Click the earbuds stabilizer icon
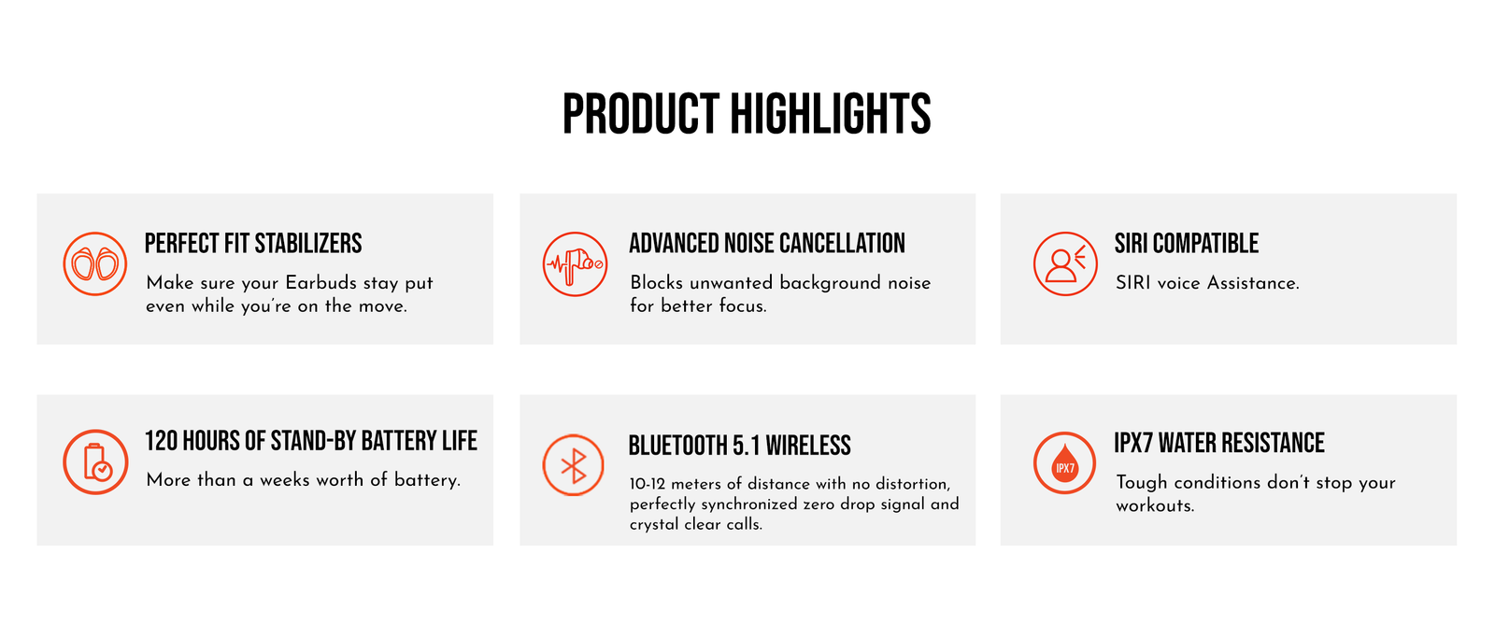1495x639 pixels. tap(94, 263)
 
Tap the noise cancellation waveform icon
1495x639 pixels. tap(575, 264)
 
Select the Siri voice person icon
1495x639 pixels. tap(1065, 263)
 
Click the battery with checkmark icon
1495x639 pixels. tap(95, 461)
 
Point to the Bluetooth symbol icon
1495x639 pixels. tap(574, 465)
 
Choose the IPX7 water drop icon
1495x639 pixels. tap(1064, 463)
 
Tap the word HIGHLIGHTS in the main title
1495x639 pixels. tap(831, 114)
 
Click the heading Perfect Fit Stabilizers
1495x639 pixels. tap(253, 244)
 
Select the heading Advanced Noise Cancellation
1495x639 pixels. tap(767, 244)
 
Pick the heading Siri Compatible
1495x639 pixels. tap(1187, 244)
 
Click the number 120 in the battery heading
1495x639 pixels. tap(160, 441)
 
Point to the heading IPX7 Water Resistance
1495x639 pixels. tap(1219, 443)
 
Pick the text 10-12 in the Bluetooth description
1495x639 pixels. tap(648, 484)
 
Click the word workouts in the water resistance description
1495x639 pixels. tap(1155, 505)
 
